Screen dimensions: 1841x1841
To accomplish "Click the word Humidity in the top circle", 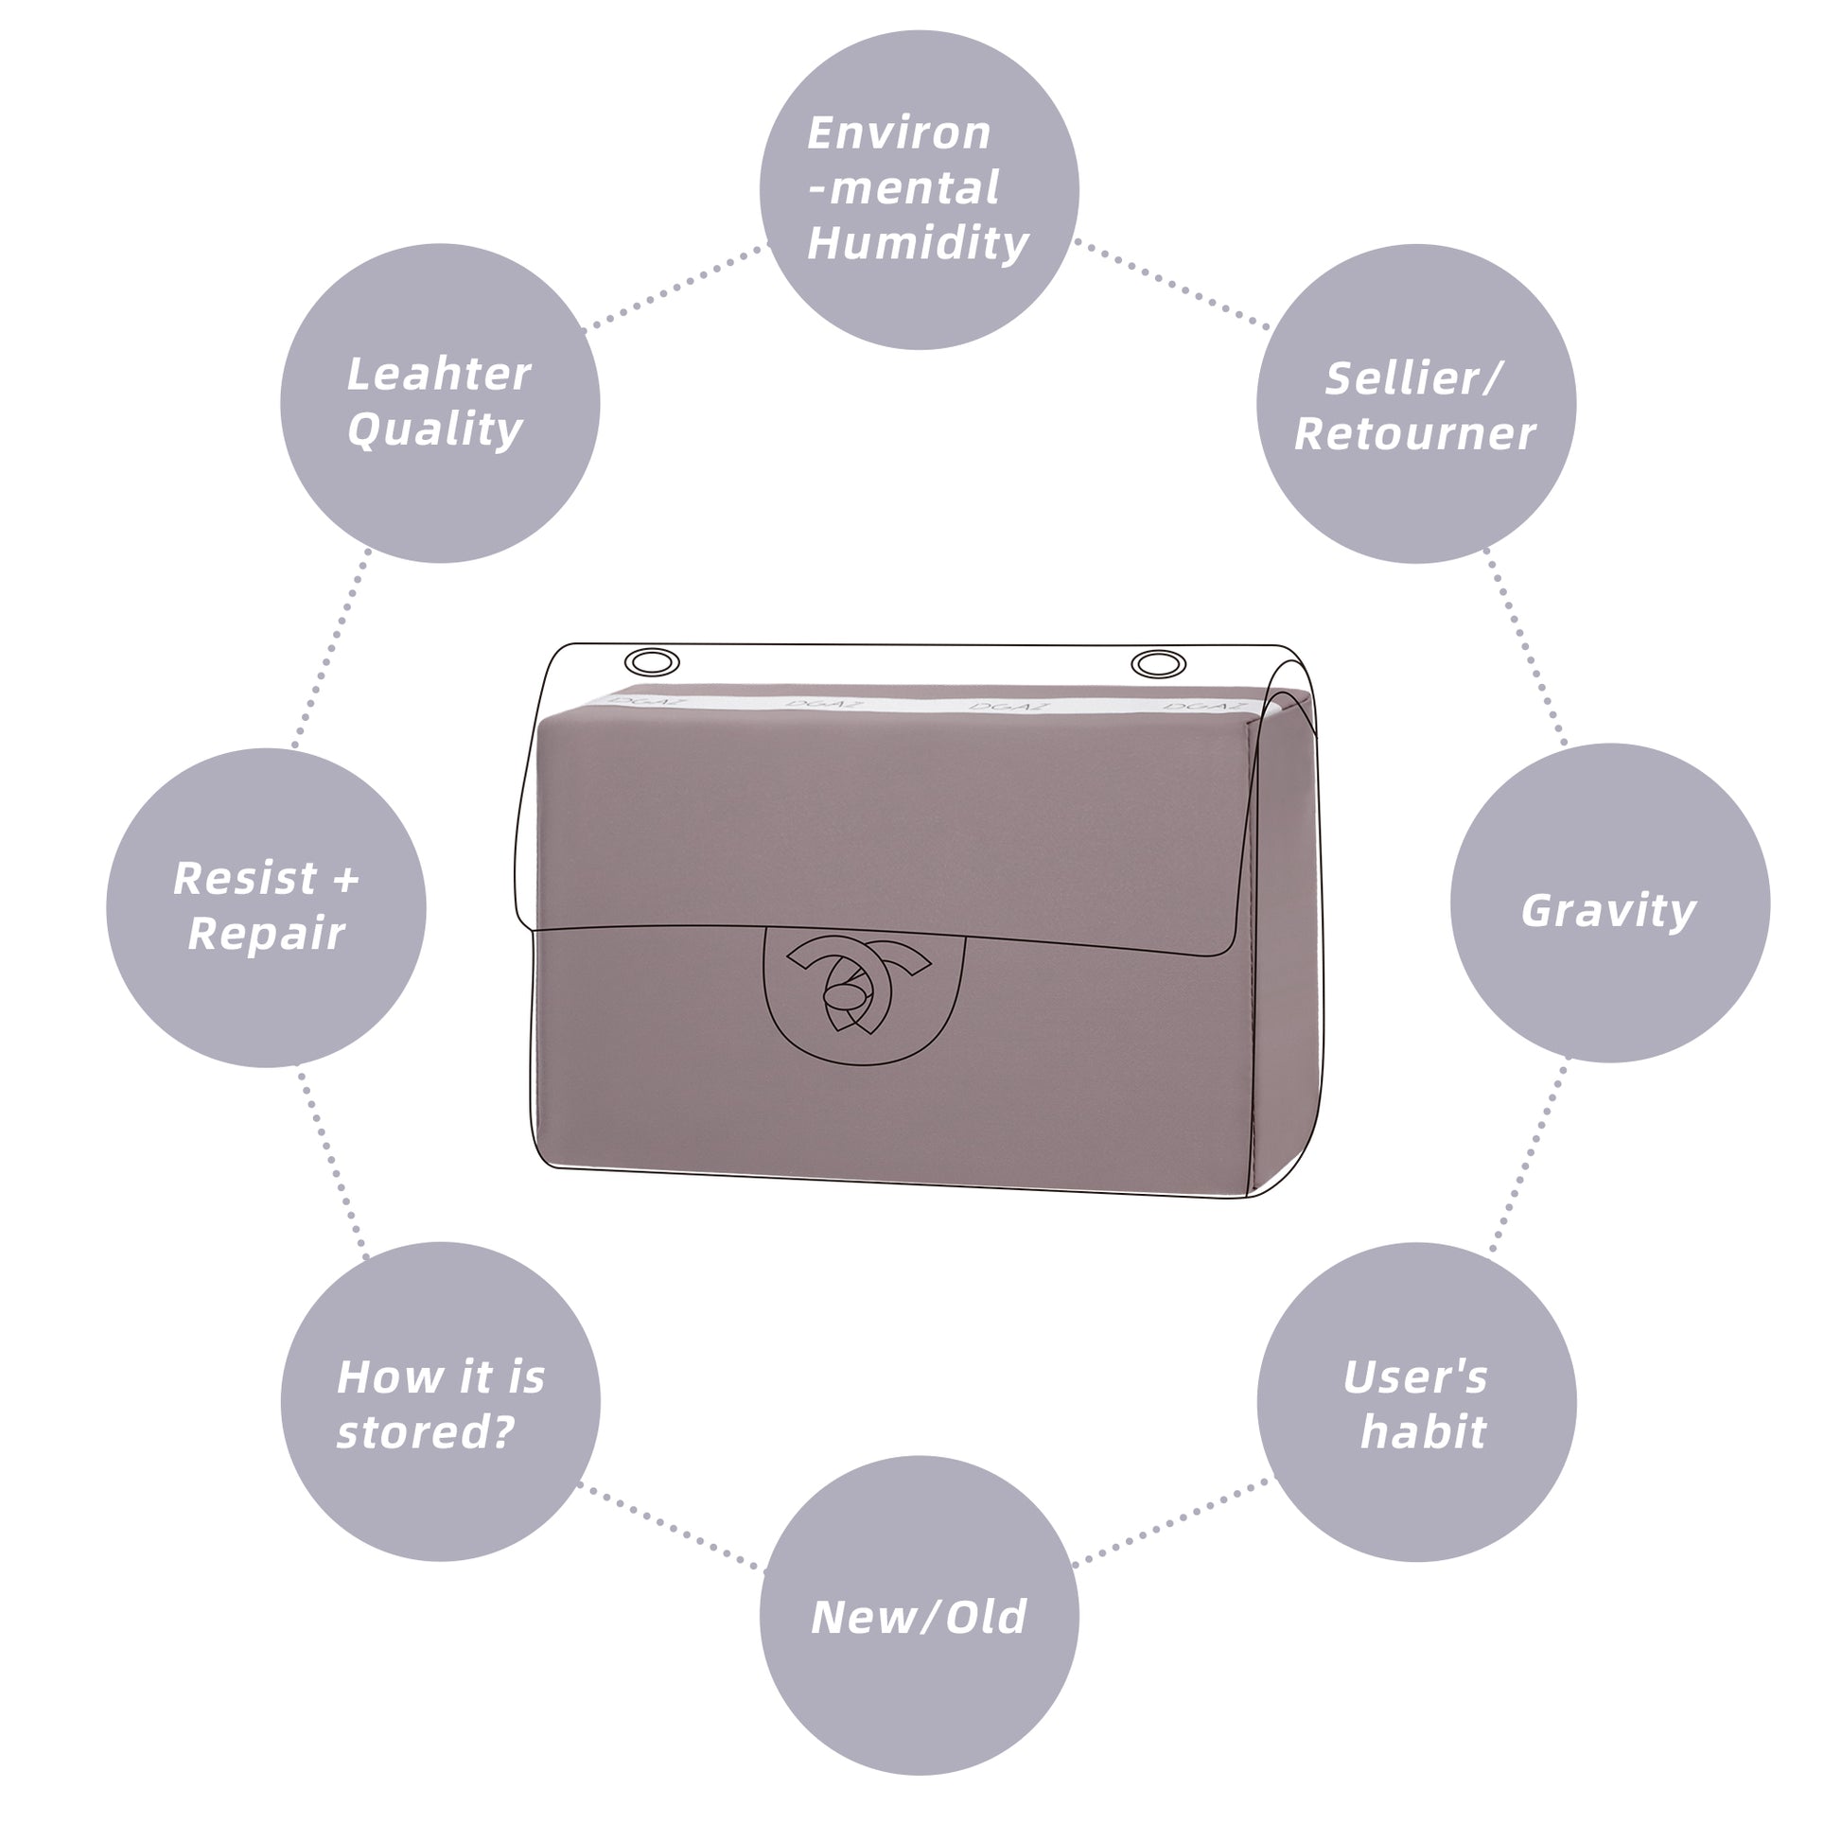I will tap(918, 244).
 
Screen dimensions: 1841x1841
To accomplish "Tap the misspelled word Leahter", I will tap(438, 375).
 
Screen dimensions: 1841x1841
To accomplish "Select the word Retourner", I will tap(1414, 434).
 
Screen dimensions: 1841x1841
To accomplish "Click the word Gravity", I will tap(1608, 911).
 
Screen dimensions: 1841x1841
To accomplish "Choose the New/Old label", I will tap(919, 1617).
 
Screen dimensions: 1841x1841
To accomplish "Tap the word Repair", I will tap(266, 934).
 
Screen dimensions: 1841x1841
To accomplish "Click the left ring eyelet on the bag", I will tap(652, 662).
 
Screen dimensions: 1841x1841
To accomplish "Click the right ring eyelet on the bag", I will tap(1159, 663).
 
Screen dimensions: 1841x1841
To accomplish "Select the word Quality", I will tap(434, 430).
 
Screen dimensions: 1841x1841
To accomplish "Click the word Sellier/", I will tap(1414, 379).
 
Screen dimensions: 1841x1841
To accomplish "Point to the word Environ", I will tap(899, 133).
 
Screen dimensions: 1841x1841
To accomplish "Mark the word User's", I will tap(1415, 1376).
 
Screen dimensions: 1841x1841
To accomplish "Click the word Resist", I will tap(245, 879).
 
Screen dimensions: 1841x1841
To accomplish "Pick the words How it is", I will tap(440, 1376).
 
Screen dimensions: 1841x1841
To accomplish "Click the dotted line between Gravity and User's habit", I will tap(1531, 1154).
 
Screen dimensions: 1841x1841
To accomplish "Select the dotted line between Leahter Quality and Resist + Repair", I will tap(331, 648).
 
